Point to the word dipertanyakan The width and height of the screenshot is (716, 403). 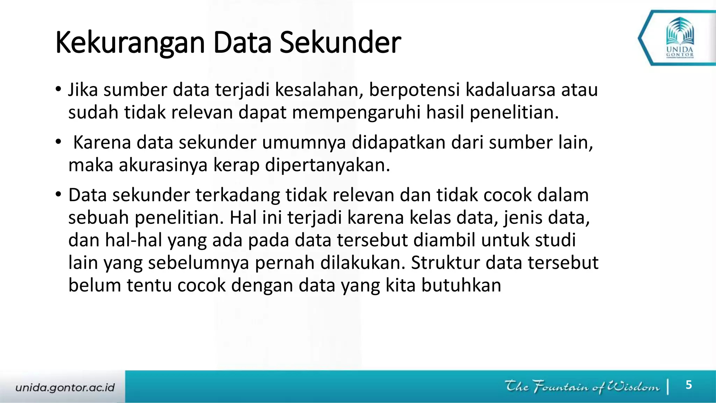click(x=327, y=165)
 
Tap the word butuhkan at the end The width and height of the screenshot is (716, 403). click(x=461, y=285)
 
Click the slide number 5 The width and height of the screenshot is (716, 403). click(x=688, y=385)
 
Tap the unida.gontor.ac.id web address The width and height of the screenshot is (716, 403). click(x=65, y=388)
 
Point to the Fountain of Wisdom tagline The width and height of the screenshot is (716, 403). click(x=582, y=387)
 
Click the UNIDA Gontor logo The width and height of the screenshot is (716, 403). click(x=680, y=38)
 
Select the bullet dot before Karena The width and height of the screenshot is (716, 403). click(x=58, y=142)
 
